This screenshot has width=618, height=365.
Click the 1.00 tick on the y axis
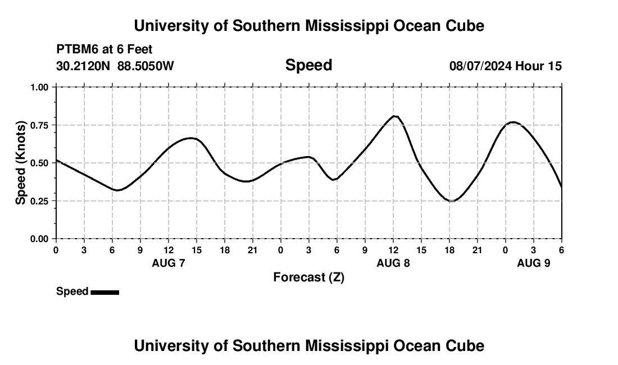pos(42,87)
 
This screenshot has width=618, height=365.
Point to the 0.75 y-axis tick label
pos(42,125)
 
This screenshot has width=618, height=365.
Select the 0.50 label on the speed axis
pos(42,163)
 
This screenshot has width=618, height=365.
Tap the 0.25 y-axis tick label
pos(42,201)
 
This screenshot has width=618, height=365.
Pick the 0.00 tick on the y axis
pos(42,239)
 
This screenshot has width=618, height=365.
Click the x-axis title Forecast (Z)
pos(308,277)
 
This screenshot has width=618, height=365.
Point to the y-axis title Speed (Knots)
pos(21,163)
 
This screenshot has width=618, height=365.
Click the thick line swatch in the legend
pos(104,292)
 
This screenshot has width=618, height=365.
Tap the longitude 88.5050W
pos(146,66)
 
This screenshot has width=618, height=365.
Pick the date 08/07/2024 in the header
pos(480,66)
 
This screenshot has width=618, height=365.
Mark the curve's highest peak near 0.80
pos(395,116)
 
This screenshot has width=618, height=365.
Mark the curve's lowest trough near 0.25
pos(451,200)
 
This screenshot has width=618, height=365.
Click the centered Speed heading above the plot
pos(308,65)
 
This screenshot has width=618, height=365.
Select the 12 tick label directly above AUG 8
pos(393,249)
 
